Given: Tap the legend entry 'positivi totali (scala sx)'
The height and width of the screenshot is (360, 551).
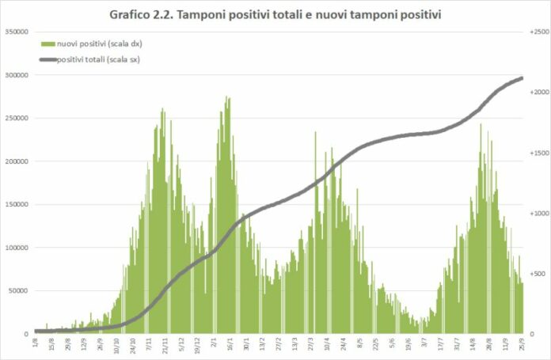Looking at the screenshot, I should pyautogui.click(x=99, y=59).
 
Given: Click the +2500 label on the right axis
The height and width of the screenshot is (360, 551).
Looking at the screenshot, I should pyautogui.click(x=538, y=32).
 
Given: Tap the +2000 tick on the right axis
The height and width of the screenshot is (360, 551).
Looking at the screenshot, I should pyautogui.click(x=538, y=92).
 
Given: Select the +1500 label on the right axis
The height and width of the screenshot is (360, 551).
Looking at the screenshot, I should pyautogui.click(x=538, y=153).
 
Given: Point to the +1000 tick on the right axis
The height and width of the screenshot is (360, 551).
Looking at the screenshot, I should pyautogui.click(x=538, y=213).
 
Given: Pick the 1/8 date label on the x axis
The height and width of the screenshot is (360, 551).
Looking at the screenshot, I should pyautogui.click(x=36, y=343).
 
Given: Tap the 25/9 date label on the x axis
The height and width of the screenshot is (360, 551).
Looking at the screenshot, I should pyautogui.click(x=519, y=344).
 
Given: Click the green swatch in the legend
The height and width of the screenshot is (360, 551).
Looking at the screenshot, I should pyautogui.click(x=48, y=44).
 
